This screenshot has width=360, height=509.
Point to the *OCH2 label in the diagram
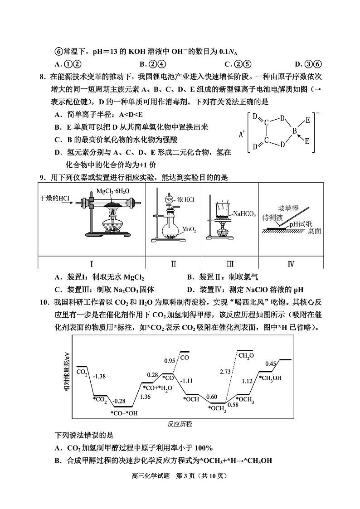click(x=217, y=408)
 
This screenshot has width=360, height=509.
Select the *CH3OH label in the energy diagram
click(x=270, y=377)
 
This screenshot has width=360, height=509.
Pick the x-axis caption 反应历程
click(x=180, y=424)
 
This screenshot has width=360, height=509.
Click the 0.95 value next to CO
click(x=169, y=360)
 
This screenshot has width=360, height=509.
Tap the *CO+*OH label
click(x=124, y=413)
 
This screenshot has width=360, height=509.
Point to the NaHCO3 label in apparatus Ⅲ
click(x=244, y=214)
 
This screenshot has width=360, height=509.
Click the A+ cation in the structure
click(x=242, y=134)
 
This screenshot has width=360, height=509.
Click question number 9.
click(x=42, y=177)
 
